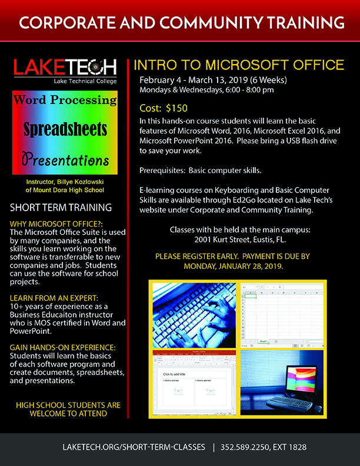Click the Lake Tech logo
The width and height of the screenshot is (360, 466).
[66, 71]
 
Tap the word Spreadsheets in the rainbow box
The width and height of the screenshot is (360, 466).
[65, 129]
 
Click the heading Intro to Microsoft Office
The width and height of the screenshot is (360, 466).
[239, 64]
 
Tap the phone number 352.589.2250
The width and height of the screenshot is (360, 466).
[246, 447]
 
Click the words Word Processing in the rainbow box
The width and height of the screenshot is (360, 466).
[65, 100]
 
